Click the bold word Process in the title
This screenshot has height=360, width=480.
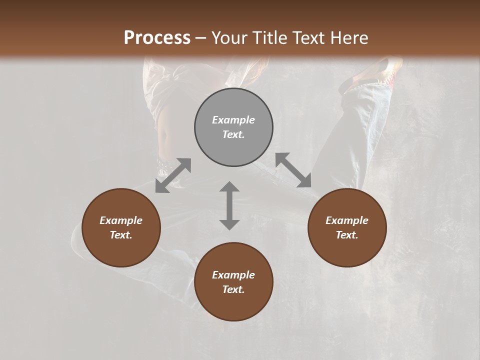click(157, 37)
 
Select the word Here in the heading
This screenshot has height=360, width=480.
click(349, 37)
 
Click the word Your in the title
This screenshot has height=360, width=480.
click(228, 37)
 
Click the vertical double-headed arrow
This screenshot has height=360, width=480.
click(229, 205)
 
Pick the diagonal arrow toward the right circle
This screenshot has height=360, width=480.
click(293, 170)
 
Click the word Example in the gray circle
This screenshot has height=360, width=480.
click(233, 120)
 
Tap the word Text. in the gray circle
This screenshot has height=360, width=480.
click(233, 134)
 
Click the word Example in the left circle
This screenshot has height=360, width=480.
click(121, 220)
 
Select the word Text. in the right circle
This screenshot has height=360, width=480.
click(347, 235)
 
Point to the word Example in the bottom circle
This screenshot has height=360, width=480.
click(233, 275)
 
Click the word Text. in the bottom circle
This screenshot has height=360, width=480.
click(233, 289)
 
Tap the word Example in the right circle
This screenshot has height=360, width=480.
click(347, 220)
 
